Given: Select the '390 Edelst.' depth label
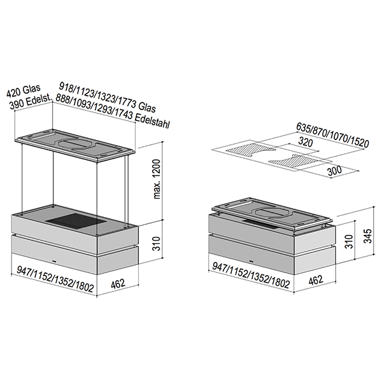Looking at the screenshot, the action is (31, 102).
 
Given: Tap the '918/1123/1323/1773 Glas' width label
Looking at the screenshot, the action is (108, 97).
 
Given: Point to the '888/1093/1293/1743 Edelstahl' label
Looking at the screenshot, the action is (113, 111).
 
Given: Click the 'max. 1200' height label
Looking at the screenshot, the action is (157, 179).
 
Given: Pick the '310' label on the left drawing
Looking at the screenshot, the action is (157, 243).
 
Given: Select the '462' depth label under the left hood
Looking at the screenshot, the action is (118, 284).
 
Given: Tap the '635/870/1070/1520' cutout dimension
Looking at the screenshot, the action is (332, 136).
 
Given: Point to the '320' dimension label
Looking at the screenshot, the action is (306, 142).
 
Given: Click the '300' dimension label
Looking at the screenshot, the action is (334, 171).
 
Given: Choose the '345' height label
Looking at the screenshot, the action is (367, 236).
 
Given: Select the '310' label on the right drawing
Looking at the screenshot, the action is (349, 241).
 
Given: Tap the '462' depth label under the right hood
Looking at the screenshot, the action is (316, 280).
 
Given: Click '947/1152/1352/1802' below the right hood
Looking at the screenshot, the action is (251, 275).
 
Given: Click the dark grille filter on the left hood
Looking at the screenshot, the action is (76, 221).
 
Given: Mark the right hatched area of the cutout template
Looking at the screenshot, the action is (294, 161).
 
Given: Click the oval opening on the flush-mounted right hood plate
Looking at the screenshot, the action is (272, 213).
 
